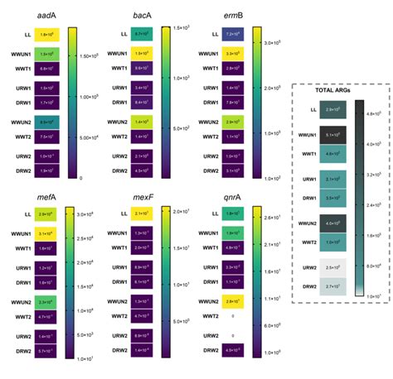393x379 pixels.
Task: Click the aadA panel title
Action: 46,16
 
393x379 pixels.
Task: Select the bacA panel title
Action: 142,16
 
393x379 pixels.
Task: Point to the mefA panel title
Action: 46,199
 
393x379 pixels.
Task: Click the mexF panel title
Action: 142,199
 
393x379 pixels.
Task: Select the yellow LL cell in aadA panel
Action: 45,35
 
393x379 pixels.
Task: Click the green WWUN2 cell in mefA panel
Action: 45,301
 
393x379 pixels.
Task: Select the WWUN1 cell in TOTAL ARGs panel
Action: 335,134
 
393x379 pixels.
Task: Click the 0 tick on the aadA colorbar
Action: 80,178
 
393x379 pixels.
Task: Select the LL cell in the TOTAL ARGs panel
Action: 335,109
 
